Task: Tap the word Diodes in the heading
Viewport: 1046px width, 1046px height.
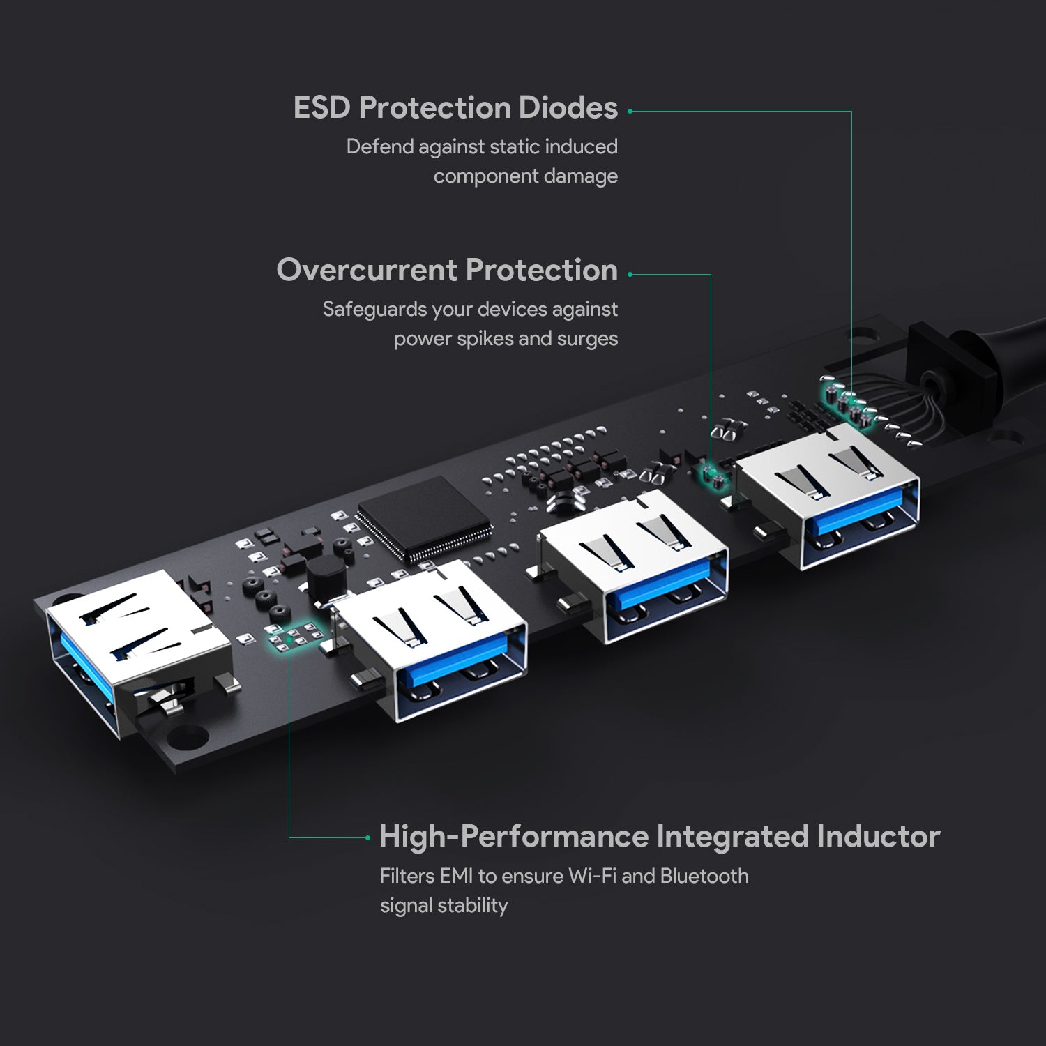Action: (568, 108)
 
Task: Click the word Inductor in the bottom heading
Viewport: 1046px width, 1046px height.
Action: (878, 836)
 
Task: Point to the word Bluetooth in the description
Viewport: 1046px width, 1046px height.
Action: (704, 876)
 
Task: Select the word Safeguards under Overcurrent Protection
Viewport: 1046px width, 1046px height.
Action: (374, 310)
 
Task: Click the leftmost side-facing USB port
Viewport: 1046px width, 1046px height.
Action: (132, 649)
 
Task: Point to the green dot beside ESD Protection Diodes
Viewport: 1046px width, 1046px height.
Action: (630, 111)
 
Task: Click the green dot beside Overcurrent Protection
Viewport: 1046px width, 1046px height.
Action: (630, 274)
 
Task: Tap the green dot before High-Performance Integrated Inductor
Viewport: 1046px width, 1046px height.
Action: (368, 837)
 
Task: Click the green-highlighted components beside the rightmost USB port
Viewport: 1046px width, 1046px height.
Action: (713, 475)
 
